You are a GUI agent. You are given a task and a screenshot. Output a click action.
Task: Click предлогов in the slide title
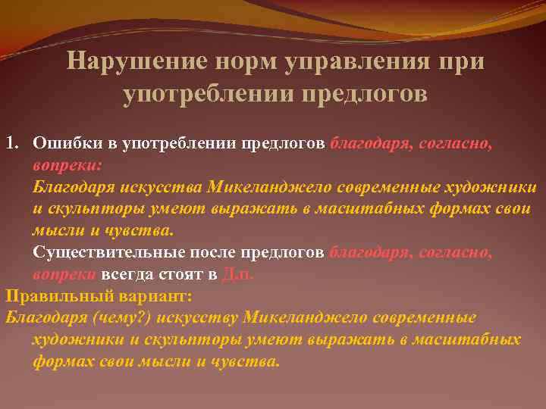[x=365, y=95]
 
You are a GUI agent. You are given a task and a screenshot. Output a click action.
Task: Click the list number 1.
[x=11, y=143]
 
